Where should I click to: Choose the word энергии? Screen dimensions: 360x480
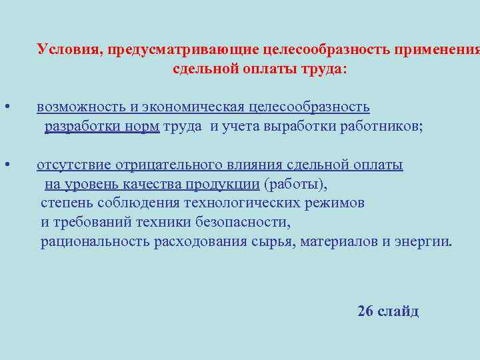point(423,241)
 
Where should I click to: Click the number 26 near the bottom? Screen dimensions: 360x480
point(365,311)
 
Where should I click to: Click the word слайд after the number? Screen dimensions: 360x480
point(398,311)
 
